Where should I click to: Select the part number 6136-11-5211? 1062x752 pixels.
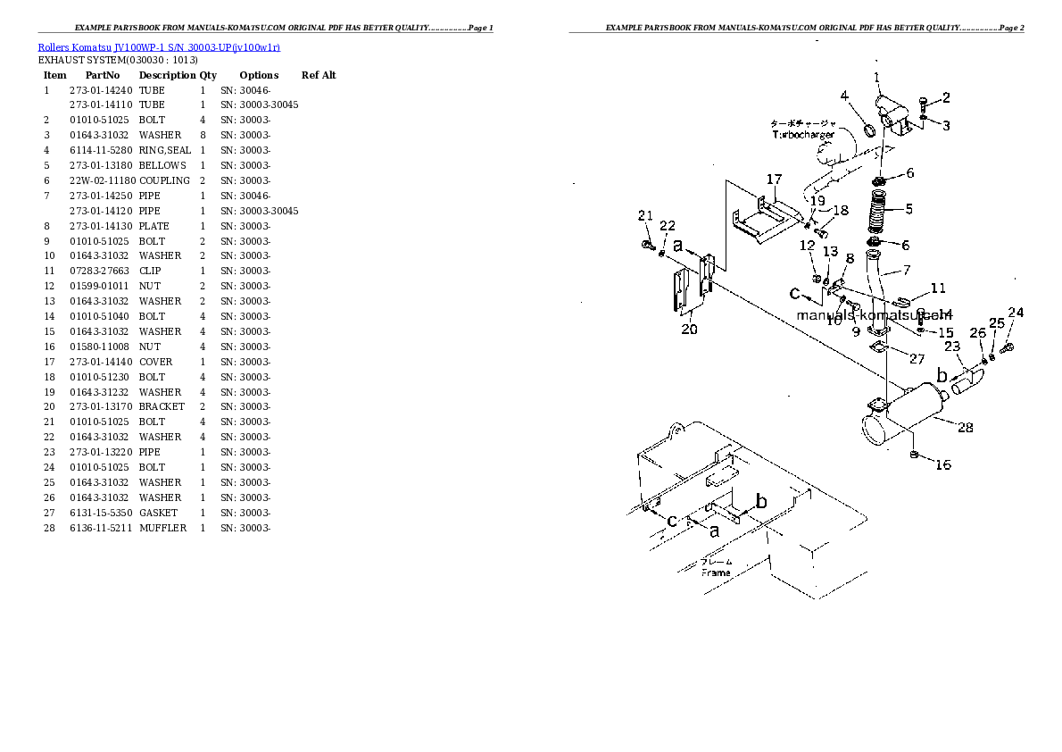pos(101,528)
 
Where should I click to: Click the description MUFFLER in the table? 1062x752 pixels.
pos(162,528)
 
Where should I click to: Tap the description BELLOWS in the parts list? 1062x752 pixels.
pos(162,165)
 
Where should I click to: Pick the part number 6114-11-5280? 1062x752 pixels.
pos(101,150)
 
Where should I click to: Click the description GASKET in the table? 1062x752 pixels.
pos(158,513)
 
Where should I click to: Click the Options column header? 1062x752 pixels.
pos(259,75)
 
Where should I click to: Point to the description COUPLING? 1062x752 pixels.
pos(164,180)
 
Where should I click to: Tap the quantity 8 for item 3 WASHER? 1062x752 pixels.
pos(203,135)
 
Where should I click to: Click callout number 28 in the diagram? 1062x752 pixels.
pos(965,428)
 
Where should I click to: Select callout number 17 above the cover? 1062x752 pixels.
pos(773,179)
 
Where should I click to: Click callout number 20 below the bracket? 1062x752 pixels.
pos(688,329)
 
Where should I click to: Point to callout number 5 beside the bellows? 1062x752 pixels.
pos(908,209)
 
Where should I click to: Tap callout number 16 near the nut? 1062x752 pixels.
pos(942,464)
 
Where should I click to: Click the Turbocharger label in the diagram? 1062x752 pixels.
pos(803,135)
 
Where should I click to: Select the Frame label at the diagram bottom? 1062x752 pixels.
pos(716,572)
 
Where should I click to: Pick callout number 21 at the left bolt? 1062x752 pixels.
pos(644,215)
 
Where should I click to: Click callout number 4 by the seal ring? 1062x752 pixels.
pos(844,96)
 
